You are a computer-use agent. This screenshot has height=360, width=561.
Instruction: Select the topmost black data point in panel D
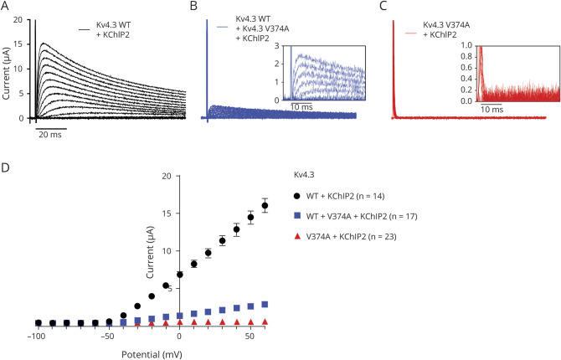tap(265, 205)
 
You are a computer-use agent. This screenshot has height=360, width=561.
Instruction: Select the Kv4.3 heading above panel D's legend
tap(306, 176)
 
